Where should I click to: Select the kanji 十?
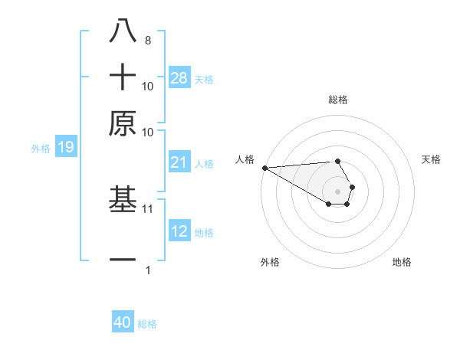click(123, 77)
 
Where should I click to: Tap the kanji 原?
click(123, 123)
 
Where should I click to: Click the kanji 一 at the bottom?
click(123, 260)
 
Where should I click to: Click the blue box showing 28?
click(179, 77)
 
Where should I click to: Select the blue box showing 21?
click(179, 162)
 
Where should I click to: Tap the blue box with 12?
click(179, 231)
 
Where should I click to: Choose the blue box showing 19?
click(66, 148)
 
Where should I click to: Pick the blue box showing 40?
click(123, 322)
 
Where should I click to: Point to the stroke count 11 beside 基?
click(148, 208)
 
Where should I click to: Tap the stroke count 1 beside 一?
click(147, 270)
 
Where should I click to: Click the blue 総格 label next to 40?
click(147, 324)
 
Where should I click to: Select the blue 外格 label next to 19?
click(41, 149)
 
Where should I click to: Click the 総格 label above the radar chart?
click(337, 100)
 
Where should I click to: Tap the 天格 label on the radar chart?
click(431, 159)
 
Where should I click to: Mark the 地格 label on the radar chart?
click(402, 263)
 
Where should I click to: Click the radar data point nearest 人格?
click(264, 168)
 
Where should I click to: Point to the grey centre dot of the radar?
click(337, 191)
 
